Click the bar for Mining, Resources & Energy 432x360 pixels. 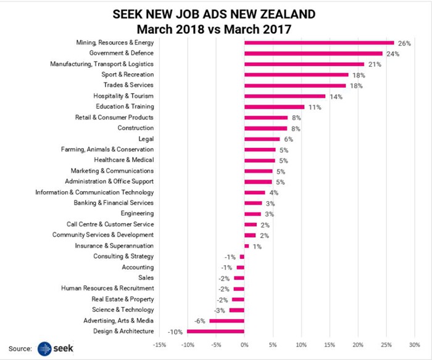click(x=319, y=43)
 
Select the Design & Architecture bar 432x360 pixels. click(x=215, y=331)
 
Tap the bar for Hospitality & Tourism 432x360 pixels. click(x=285, y=96)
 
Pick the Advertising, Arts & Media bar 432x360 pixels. click(x=226, y=321)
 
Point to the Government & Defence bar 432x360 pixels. click(x=314, y=54)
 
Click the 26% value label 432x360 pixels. click(x=404, y=43)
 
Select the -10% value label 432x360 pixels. click(x=175, y=332)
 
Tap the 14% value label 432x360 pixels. click(x=335, y=97)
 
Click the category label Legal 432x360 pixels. click(x=146, y=139)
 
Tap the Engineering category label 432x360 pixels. click(x=137, y=213)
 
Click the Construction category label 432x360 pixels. click(x=135, y=128)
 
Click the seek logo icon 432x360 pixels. click(x=46, y=348)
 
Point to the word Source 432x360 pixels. click(x=20, y=349)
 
